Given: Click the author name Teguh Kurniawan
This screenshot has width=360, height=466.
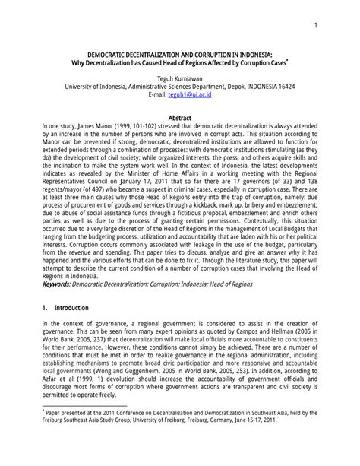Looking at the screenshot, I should [x=180, y=78].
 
